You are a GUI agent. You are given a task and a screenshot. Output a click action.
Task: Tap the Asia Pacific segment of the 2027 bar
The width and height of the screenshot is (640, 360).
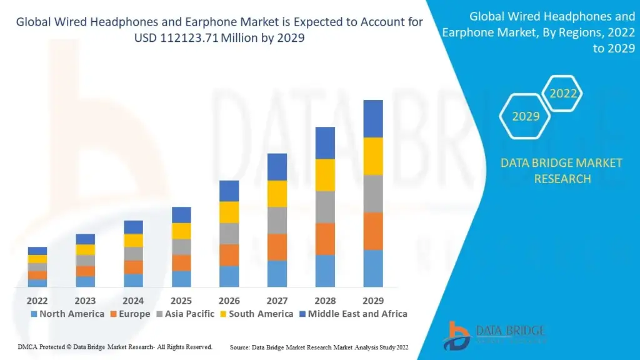[277, 220]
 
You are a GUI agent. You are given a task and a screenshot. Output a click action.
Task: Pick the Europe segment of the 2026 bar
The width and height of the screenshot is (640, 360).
[229, 255]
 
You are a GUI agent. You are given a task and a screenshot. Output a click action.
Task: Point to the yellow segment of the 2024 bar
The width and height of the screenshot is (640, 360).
[133, 241]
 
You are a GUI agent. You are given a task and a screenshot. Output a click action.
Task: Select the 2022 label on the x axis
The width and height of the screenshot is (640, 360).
[37, 300]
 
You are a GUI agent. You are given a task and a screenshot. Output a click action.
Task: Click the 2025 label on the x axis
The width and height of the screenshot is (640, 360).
[181, 300]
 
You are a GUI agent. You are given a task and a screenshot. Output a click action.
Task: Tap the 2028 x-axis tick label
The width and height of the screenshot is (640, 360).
[325, 300]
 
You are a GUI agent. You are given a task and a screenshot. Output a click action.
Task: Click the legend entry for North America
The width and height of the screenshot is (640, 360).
[67, 314]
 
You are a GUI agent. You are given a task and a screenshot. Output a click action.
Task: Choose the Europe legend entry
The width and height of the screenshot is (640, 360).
[130, 314]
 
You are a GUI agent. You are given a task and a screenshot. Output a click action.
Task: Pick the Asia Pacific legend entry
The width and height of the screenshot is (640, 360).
[186, 314]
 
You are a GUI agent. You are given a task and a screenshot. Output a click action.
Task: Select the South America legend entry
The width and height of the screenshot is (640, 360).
[256, 314]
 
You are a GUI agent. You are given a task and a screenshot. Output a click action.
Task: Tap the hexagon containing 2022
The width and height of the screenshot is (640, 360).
[563, 94]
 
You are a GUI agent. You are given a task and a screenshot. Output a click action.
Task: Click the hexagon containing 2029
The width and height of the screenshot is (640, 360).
[525, 116]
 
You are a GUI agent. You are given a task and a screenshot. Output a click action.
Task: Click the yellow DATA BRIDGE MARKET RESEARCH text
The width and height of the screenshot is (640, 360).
[561, 171]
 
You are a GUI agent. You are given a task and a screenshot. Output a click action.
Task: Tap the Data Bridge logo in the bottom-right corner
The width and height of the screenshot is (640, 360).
[494, 335]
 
